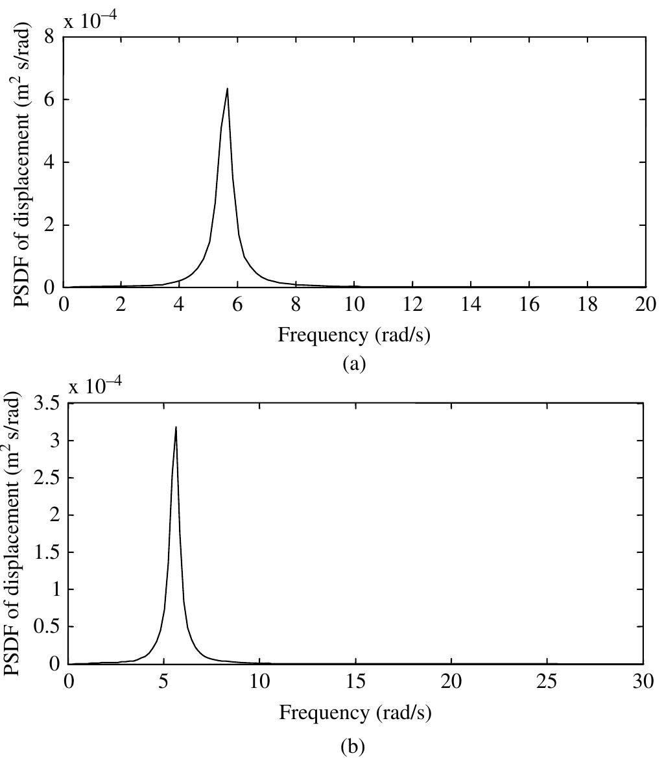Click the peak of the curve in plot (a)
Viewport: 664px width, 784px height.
[x=227, y=89]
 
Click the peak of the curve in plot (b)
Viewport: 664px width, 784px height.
[x=176, y=427]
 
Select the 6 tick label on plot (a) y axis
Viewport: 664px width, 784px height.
[x=49, y=100]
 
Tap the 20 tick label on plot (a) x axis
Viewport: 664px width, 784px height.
[x=645, y=304]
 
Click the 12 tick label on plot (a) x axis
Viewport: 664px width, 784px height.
[x=412, y=304]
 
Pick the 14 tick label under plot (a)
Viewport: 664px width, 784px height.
[x=471, y=304]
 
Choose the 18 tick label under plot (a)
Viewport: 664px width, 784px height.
[x=587, y=304]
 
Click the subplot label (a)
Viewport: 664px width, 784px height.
[x=354, y=363]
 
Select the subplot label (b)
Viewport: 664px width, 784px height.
[x=353, y=747]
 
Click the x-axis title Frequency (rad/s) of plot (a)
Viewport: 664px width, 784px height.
[x=354, y=335]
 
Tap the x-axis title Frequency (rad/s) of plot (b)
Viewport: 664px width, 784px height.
[x=355, y=713]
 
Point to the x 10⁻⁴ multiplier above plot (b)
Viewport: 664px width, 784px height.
[x=95, y=386]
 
